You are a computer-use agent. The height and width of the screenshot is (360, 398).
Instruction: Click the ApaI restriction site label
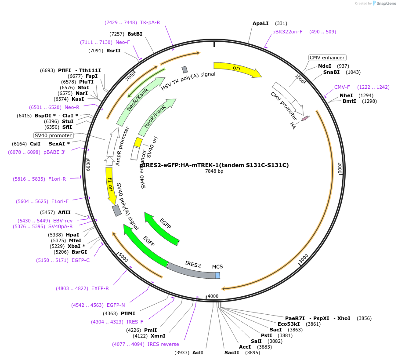[x=261, y=23]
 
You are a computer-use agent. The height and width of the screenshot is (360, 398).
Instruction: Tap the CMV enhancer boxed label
[x=327, y=58]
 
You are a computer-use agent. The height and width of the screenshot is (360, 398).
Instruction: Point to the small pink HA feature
[x=305, y=118]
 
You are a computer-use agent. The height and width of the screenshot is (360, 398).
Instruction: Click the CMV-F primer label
[x=342, y=87]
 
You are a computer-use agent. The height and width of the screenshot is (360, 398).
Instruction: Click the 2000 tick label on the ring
[x=339, y=167]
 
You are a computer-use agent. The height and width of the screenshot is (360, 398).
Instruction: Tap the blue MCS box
[x=217, y=276]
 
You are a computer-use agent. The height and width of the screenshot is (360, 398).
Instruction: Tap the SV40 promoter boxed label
[x=53, y=135]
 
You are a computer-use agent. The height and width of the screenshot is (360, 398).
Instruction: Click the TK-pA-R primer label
[x=150, y=22]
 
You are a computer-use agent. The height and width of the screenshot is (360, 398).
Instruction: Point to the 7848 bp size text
[x=214, y=171]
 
